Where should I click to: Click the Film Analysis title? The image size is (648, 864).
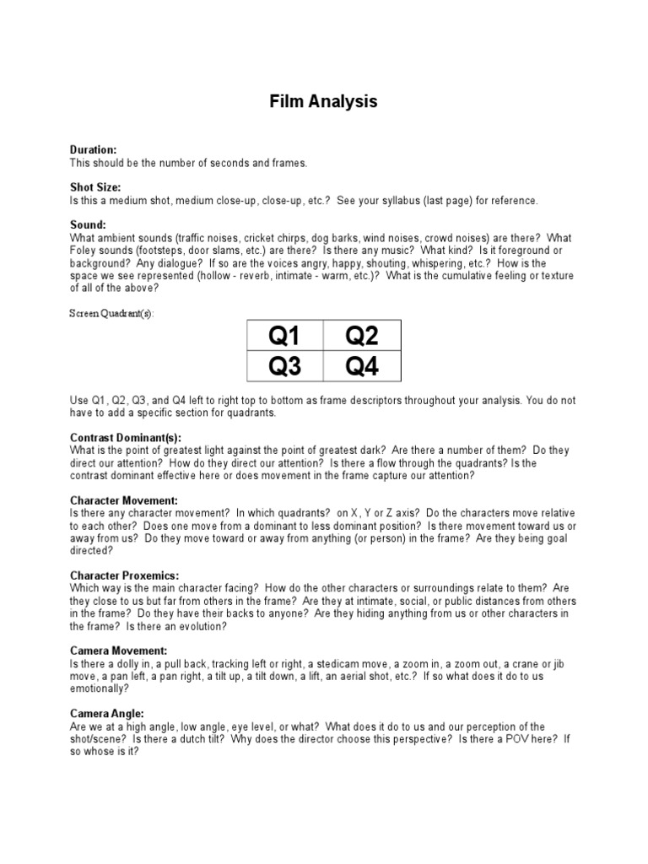click(x=324, y=102)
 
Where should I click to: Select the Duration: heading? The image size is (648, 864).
click(x=93, y=149)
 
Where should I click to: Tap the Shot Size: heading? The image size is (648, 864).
click(x=95, y=187)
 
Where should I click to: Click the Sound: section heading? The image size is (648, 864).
click(x=87, y=225)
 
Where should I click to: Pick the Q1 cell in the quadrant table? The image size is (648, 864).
click(x=284, y=337)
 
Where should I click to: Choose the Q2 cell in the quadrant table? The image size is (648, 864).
click(x=362, y=337)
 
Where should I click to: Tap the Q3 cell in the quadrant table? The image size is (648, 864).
click(x=284, y=367)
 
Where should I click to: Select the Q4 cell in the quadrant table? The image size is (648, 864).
click(x=362, y=367)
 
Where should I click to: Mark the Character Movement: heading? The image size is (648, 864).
click(x=123, y=500)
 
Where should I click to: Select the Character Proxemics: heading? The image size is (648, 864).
click(x=124, y=575)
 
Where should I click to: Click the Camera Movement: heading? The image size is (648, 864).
click(x=119, y=651)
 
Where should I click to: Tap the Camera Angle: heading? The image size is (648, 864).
click(x=107, y=713)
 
